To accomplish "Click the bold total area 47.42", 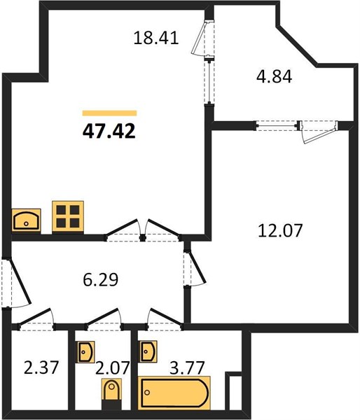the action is coord(109,132).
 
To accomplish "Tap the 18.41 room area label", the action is coord(156,38).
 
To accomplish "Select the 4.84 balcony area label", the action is coord(274,77).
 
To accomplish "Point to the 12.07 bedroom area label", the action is coord(280,230).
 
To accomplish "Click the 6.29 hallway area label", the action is coord(101,280).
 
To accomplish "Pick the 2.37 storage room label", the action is coord(41,367).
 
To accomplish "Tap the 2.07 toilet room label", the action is coord(113,367).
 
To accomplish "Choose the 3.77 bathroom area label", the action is coord(188,367).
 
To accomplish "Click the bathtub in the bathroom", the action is coord(174,393).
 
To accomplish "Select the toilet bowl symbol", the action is coord(111,393).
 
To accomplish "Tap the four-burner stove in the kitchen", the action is coord(68,217).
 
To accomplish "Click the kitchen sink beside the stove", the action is coord(27,220).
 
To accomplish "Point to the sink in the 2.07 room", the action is coord(85,351).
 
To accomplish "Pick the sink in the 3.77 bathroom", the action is coord(148,351).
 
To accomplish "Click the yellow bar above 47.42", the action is coord(109,113).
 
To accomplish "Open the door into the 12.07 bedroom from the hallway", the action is coord(195,269).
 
